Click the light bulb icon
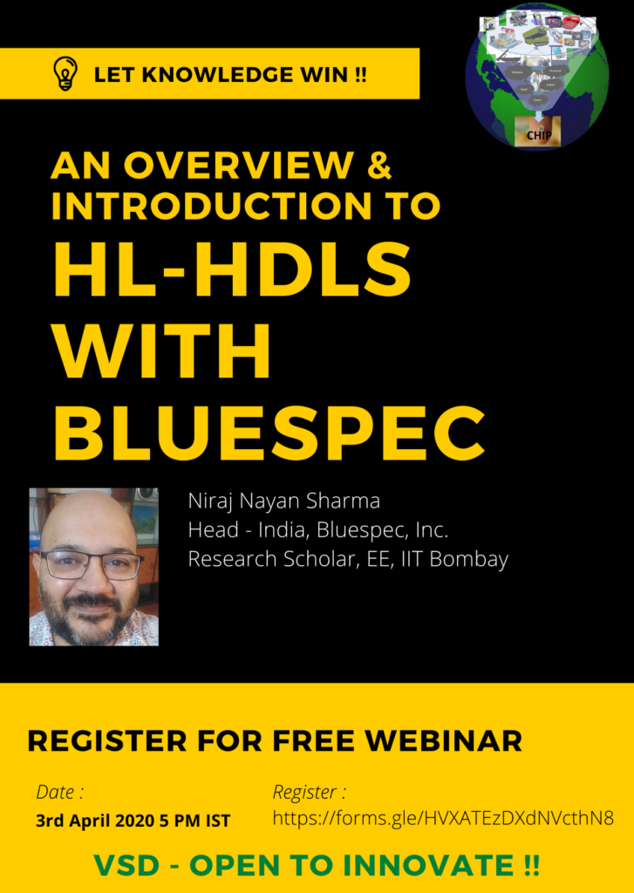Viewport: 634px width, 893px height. pyautogui.click(x=65, y=73)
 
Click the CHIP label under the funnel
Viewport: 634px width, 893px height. pyautogui.click(x=538, y=136)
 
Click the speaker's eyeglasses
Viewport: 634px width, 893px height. pyautogui.click(x=92, y=565)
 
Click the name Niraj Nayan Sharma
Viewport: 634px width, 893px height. pyautogui.click(x=283, y=501)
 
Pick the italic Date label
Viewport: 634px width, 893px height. pyautogui.click(x=60, y=792)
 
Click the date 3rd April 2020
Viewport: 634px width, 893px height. pyautogui.click(x=94, y=821)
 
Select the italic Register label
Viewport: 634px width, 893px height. pyautogui.click(x=310, y=793)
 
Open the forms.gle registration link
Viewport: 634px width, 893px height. pyautogui.click(x=443, y=819)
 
